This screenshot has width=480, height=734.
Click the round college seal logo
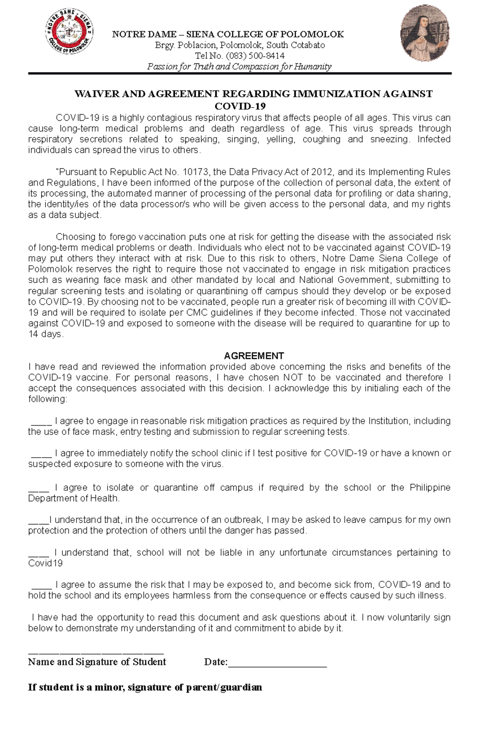[x=69, y=32]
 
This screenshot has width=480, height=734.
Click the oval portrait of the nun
[x=424, y=33]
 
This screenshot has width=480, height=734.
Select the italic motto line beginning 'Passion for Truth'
[x=239, y=66]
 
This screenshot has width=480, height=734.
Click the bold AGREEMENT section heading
[x=254, y=356]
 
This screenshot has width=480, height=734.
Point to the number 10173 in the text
[x=195, y=172]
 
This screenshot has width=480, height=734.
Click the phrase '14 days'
[x=45, y=334]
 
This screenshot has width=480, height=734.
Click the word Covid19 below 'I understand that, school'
[x=45, y=563]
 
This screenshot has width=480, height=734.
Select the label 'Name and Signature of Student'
[x=97, y=662]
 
